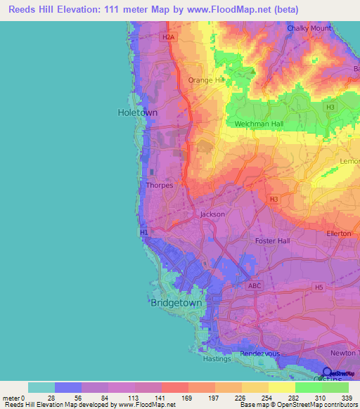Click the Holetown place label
pos(136,112)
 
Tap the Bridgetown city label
pos(176,303)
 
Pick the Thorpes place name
pos(159,186)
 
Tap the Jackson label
pos(212,214)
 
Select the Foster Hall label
pos(272,241)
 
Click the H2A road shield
pos(167,37)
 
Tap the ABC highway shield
pos(255,286)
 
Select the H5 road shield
pos(319,287)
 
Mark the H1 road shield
pos(144,232)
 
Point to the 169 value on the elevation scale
pos(187,398)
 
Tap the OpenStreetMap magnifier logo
pos(327,372)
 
